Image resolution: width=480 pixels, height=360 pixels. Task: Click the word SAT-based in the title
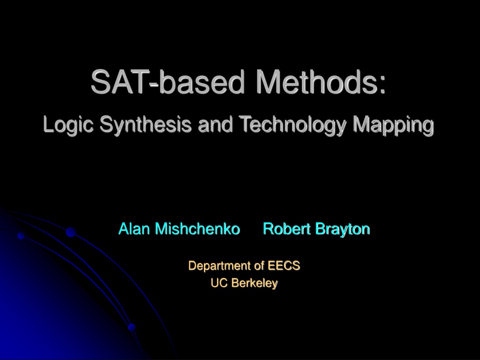click(x=168, y=82)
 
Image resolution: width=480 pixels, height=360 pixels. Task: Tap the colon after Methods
click(x=382, y=84)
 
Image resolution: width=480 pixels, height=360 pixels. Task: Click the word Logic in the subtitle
click(x=68, y=125)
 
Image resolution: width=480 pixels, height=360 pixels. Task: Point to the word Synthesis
click(x=145, y=125)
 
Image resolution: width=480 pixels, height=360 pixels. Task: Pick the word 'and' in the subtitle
click(x=215, y=125)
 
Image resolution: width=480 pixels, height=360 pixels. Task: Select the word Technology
click(x=292, y=125)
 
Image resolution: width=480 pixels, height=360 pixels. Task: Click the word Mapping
click(x=393, y=125)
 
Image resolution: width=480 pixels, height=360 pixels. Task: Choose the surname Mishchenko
click(x=197, y=229)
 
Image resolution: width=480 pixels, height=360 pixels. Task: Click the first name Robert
click(x=287, y=229)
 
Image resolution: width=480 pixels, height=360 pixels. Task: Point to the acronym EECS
click(x=284, y=266)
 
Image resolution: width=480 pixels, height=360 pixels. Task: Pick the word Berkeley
click(x=255, y=283)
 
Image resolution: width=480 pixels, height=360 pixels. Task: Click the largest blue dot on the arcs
click(x=71, y=232)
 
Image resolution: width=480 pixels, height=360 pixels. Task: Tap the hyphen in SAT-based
click(x=153, y=85)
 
